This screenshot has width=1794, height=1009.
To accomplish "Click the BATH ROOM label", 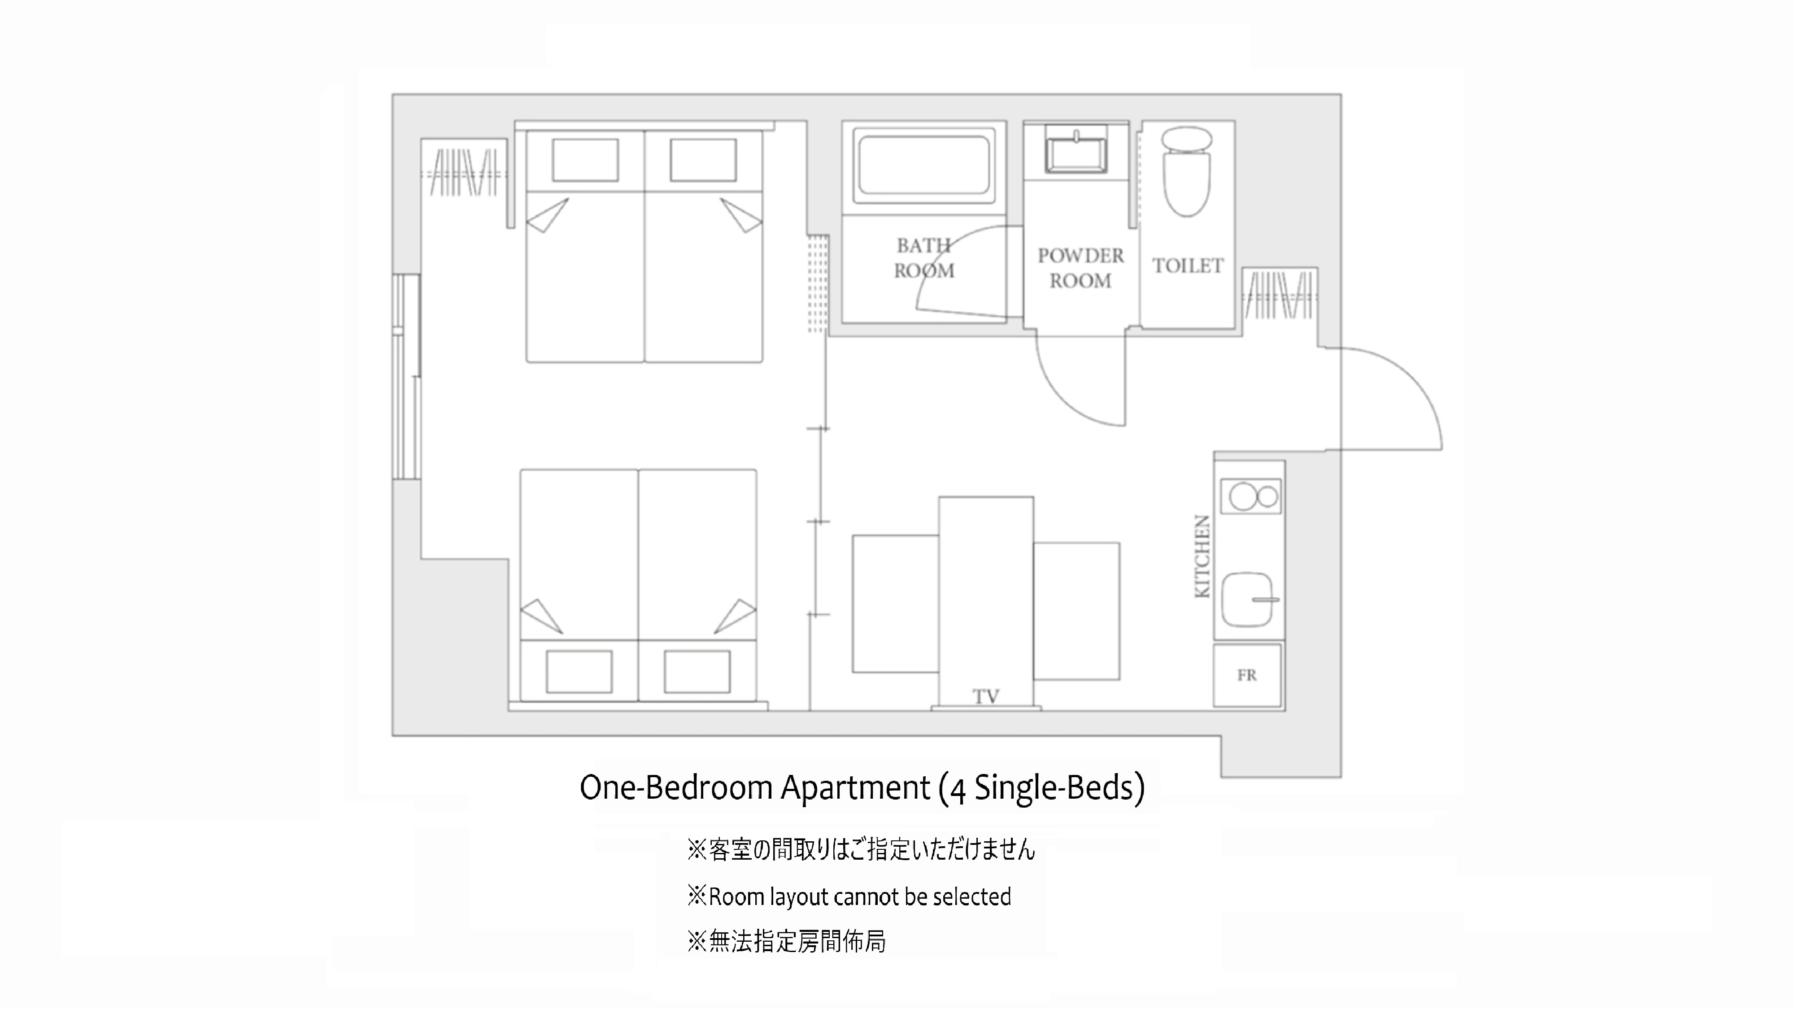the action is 924,258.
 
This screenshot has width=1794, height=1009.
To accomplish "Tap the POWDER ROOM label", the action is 1080,268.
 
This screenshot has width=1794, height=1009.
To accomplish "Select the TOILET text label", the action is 1188,266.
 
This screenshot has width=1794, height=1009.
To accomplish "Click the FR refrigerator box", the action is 1247,675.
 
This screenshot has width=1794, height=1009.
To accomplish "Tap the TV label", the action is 986,696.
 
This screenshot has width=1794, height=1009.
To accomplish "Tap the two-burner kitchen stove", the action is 1251,496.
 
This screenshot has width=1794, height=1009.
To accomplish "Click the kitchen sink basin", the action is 1249,599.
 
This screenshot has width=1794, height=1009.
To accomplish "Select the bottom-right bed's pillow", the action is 697,671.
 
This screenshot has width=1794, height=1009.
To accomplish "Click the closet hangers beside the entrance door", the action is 1279,295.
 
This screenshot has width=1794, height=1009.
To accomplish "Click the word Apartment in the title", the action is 855,787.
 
